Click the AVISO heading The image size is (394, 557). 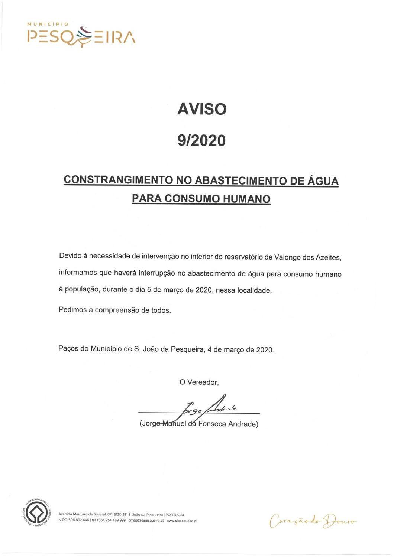(x=202, y=109)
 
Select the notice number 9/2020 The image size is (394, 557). (x=201, y=140)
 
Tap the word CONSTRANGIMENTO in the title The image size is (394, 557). (x=118, y=180)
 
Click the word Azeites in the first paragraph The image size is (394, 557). (x=328, y=258)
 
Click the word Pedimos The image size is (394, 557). (x=72, y=310)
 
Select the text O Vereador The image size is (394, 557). (x=199, y=382)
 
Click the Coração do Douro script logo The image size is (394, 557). (x=313, y=520)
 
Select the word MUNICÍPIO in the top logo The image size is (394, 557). (x=48, y=24)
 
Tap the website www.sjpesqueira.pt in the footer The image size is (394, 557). (x=182, y=521)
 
